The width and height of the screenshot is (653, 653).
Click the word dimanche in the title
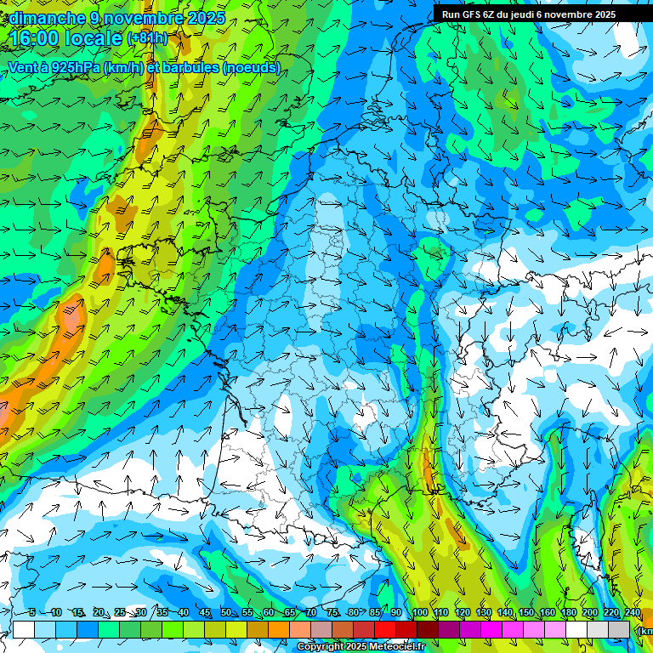click(48, 18)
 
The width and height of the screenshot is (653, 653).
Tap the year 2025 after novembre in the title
click(203, 18)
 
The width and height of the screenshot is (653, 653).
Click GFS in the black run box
click(471, 14)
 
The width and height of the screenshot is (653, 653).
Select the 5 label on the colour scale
click(31, 613)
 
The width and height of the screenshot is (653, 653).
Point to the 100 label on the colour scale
click(419, 613)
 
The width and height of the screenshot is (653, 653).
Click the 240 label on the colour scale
click(633, 613)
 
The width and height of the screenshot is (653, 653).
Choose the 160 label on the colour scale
click(548, 613)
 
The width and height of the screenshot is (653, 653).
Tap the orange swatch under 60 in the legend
click(279, 629)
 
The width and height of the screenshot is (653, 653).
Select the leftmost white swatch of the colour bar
click(24, 629)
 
